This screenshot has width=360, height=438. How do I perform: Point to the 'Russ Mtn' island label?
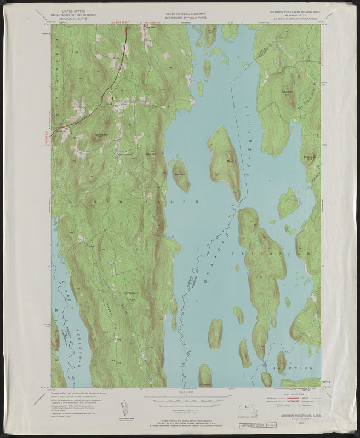click(x=180, y=174)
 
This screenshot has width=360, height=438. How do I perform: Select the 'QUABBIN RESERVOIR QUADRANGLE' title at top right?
click(x=294, y=11)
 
